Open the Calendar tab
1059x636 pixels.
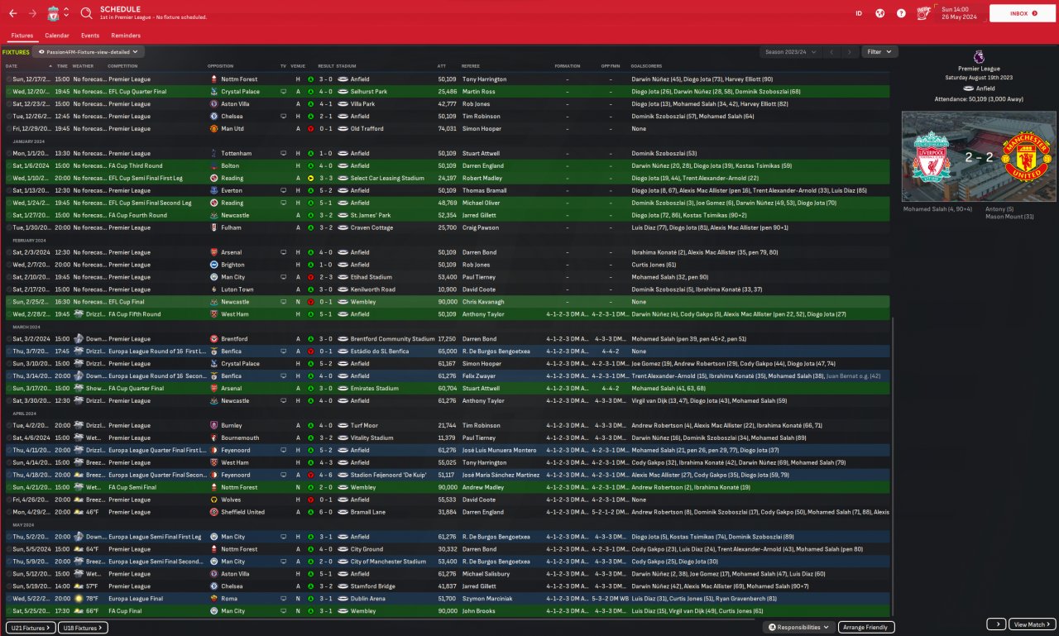pos(57,36)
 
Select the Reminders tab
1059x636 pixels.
pos(126,36)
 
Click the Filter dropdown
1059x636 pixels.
pos(879,52)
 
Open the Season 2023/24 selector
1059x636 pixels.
pos(791,52)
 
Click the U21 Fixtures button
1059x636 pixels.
pos(31,628)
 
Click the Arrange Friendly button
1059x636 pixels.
pos(866,628)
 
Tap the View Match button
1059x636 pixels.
pos(1033,624)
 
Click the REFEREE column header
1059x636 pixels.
pos(470,65)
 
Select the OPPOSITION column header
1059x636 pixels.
pos(221,65)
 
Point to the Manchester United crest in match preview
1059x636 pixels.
pos(1025,155)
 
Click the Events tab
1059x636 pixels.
pos(90,36)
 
